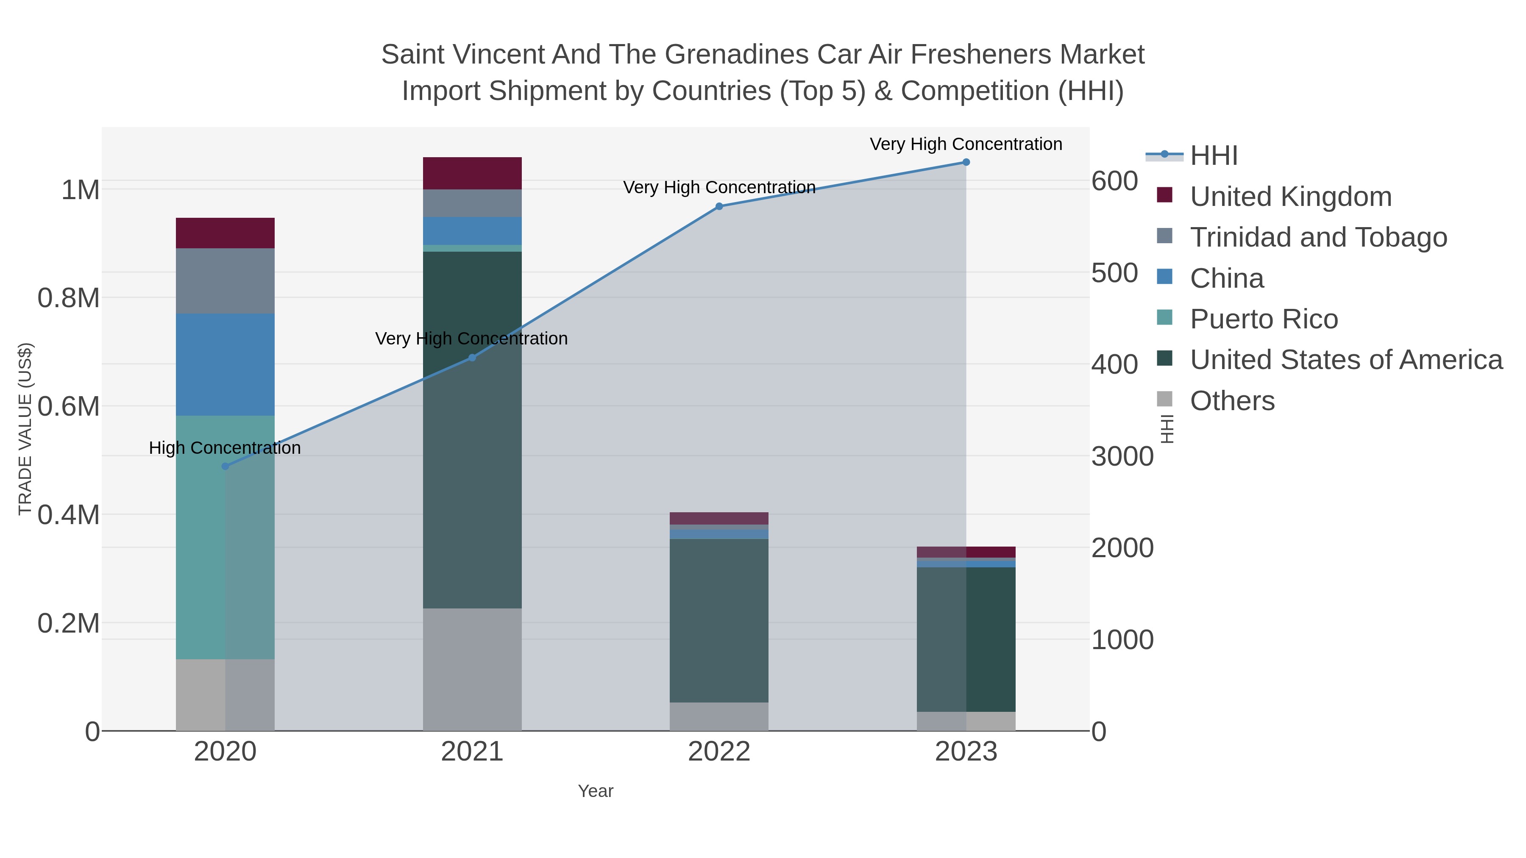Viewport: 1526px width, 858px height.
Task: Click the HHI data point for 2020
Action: coord(225,466)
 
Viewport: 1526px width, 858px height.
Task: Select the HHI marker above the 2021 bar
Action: coord(472,358)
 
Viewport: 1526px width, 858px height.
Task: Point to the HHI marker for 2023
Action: coord(966,162)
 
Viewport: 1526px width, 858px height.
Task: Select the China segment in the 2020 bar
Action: coord(225,365)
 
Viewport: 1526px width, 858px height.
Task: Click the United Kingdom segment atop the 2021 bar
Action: coord(472,173)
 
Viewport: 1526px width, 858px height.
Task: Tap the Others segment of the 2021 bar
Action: coord(472,669)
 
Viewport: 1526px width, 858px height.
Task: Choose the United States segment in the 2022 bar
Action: coord(719,621)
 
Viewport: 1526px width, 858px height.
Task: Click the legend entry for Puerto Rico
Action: coord(1264,319)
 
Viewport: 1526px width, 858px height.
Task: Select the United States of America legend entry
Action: coord(1346,360)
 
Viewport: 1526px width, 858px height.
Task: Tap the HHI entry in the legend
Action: coord(1213,156)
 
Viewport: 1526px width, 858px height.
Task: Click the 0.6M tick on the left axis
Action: coord(69,407)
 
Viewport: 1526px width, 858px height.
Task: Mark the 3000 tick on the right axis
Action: coord(1122,456)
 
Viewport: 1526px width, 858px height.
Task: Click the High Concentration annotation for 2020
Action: coord(225,448)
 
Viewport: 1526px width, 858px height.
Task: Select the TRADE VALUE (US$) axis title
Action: coord(25,429)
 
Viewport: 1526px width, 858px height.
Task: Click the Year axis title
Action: coord(596,791)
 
